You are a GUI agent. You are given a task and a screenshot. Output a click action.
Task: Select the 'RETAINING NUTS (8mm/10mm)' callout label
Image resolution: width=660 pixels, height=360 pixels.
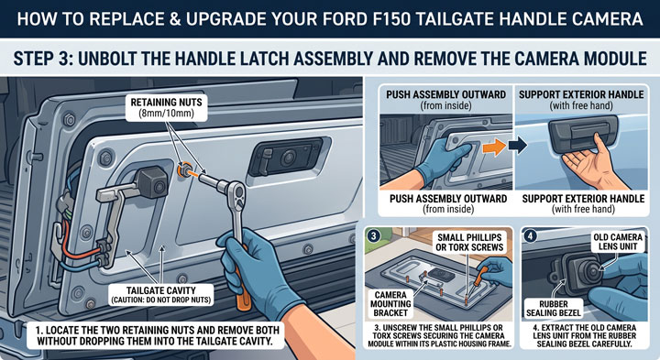pos(166,108)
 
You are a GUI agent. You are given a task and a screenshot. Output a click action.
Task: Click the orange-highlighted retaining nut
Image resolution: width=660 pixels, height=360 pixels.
pos(184,170)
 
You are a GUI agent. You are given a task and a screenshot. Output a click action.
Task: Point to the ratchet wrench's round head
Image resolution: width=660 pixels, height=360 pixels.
pos(237,193)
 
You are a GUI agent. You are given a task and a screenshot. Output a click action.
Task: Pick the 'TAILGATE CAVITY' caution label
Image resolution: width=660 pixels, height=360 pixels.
pos(160,295)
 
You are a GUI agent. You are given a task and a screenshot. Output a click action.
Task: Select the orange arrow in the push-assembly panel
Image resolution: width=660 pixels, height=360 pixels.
pos(494,147)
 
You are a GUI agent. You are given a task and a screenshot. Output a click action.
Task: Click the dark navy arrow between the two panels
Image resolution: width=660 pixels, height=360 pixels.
pos(517,146)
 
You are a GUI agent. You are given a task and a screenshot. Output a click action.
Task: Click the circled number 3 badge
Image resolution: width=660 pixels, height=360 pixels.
pos(373,235)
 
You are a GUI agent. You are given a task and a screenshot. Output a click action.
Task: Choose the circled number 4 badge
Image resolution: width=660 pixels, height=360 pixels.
pos(530,235)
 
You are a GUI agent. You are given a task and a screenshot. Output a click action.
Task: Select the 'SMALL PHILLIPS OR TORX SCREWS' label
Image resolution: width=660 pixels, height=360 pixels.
pos(469,243)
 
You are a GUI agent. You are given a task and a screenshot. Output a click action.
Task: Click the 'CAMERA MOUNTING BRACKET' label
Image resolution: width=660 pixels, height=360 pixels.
pos(390,303)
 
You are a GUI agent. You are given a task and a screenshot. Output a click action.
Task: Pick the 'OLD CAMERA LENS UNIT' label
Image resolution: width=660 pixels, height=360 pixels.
pos(618,242)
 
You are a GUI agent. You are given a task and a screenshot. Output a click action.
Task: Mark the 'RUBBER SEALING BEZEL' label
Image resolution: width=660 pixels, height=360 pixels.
pos(554,309)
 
